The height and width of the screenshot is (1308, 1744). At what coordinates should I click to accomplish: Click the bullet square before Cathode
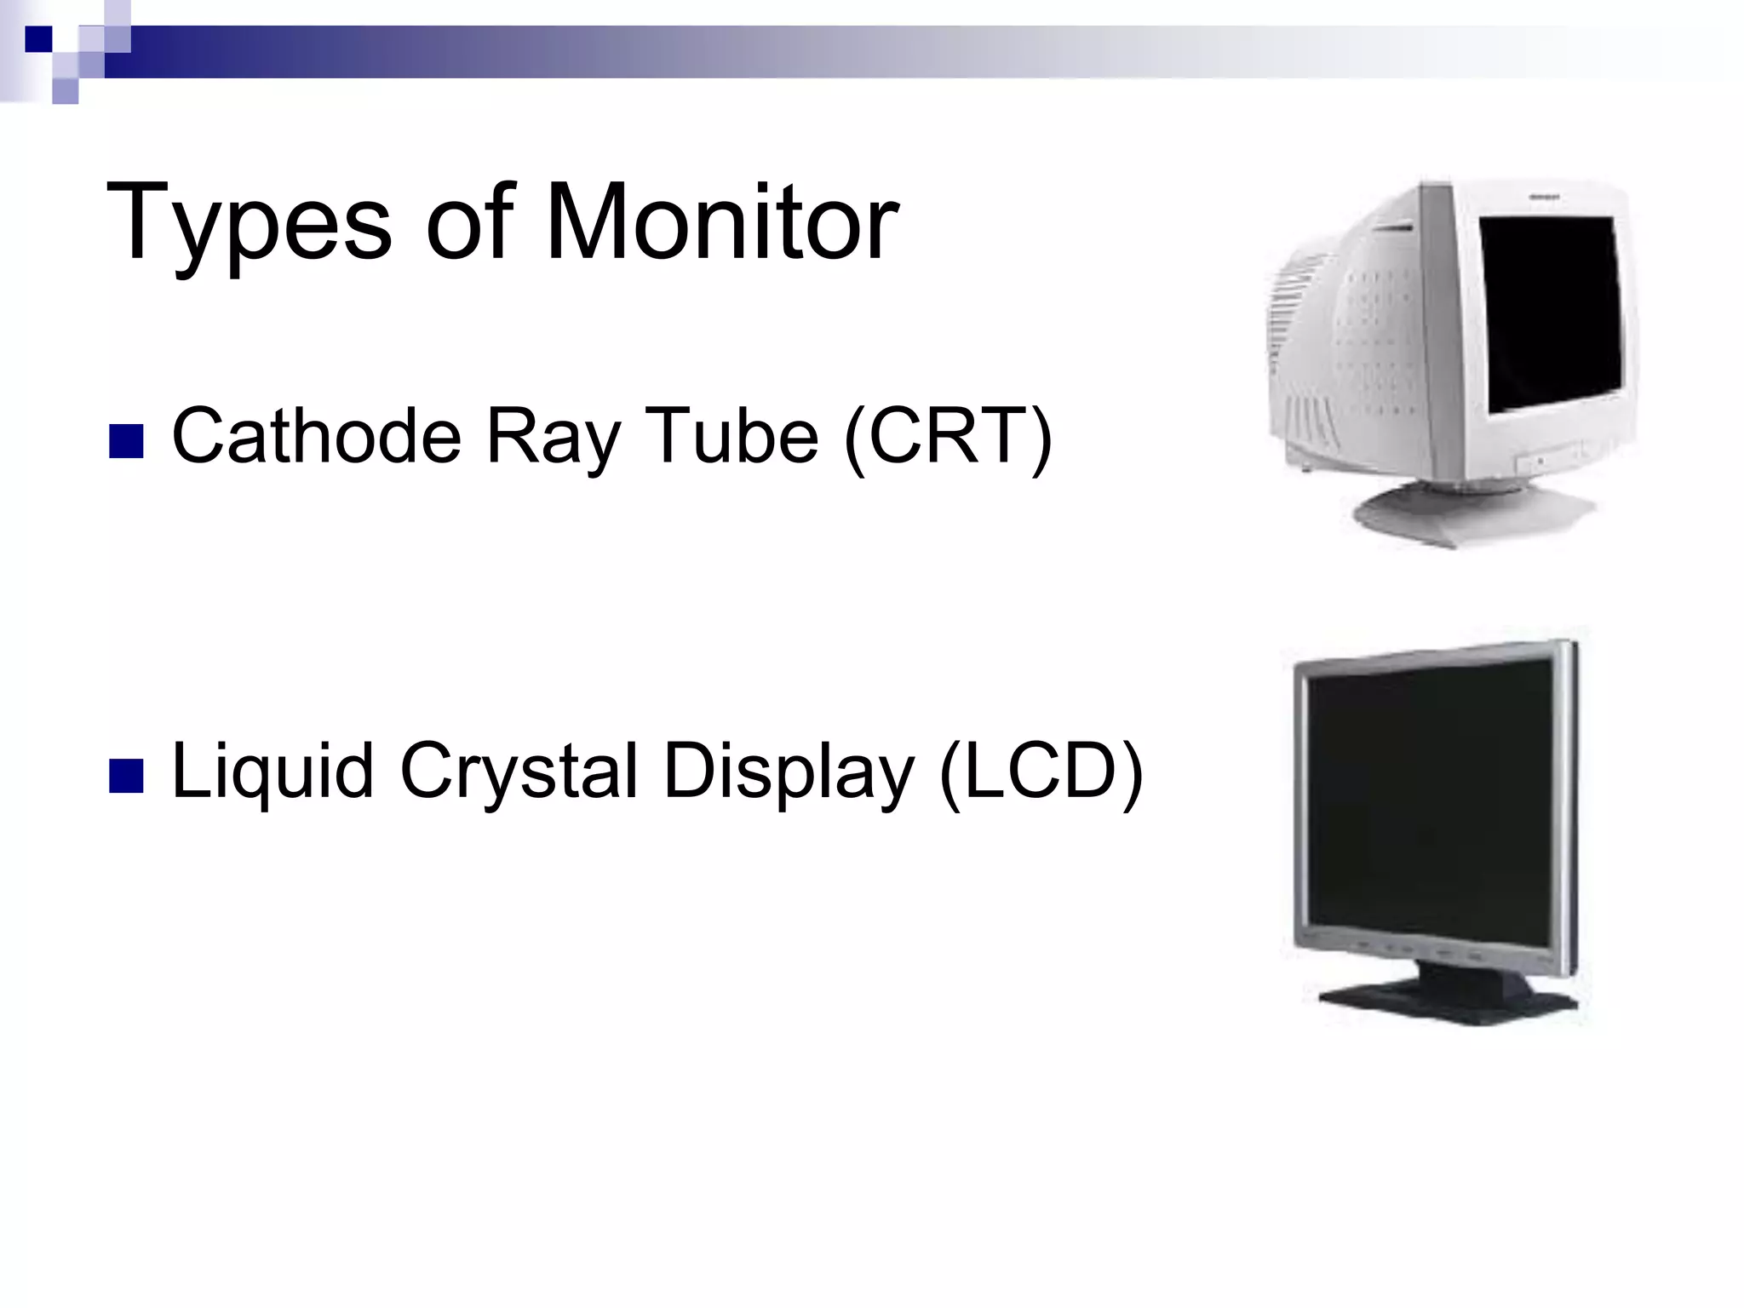tap(126, 442)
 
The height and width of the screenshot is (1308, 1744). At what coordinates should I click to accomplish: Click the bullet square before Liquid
tap(126, 776)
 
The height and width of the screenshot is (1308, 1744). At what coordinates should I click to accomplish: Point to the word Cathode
tap(316, 436)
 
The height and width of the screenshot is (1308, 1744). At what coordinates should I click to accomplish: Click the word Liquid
tap(272, 772)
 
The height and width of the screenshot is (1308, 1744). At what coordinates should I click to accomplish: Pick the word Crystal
tap(519, 772)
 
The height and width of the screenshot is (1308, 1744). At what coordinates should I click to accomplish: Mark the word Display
tap(789, 772)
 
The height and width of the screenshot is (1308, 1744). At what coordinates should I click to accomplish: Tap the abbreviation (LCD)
tap(1040, 772)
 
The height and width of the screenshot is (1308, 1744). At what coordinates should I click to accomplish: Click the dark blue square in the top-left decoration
tap(38, 39)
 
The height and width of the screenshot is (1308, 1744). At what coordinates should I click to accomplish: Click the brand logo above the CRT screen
tap(1543, 197)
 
